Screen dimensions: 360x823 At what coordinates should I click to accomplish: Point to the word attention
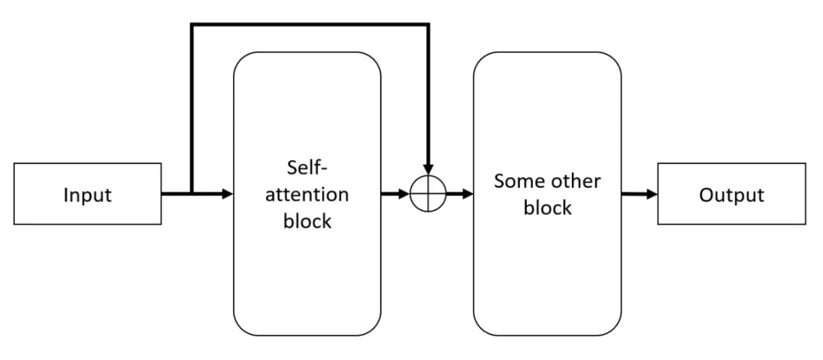click(x=307, y=194)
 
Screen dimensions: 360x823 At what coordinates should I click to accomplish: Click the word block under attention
click(x=307, y=222)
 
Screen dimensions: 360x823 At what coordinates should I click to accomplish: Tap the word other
click(x=578, y=180)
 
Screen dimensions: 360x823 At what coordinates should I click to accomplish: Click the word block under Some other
click(x=546, y=208)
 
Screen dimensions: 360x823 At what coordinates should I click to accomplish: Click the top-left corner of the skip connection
click(x=192, y=26)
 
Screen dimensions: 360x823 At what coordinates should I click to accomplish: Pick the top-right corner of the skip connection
click(x=428, y=26)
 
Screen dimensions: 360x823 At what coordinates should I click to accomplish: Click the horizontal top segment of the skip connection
click(x=310, y=26)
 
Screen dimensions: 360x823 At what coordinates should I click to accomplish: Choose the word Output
click(x=731, y=195)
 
